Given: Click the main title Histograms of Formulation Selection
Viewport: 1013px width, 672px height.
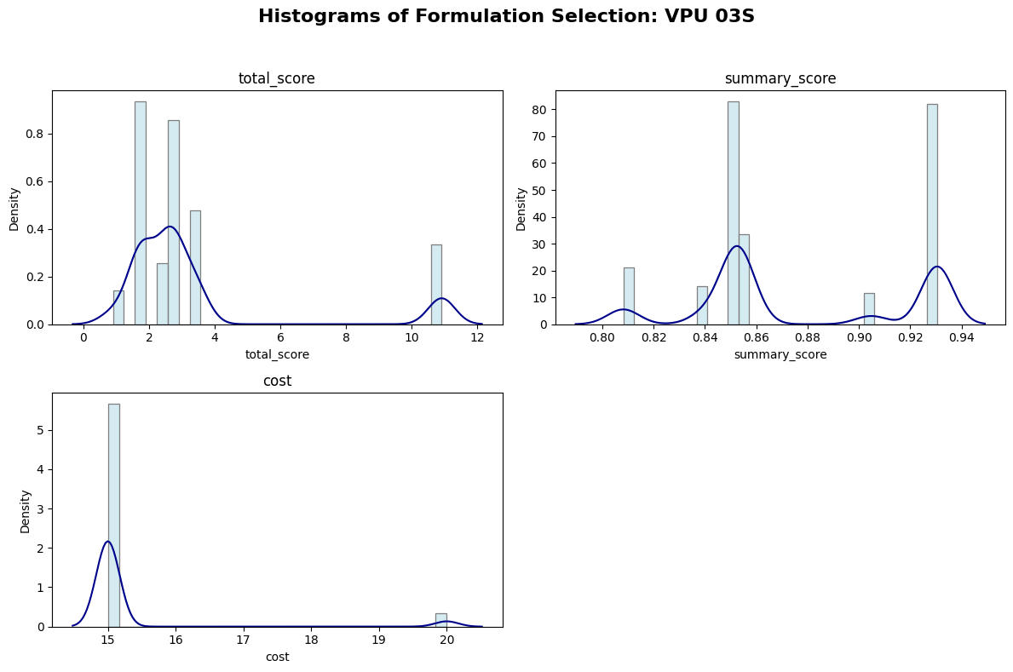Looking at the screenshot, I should tap(506, 16).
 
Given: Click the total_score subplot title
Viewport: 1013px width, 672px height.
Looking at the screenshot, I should tap(276, 78).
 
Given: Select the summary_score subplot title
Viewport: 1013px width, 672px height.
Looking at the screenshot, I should tap(780, 78).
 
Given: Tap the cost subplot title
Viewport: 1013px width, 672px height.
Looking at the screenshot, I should tap(277, 381).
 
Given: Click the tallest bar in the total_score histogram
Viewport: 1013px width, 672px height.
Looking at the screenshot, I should tap(140, 213).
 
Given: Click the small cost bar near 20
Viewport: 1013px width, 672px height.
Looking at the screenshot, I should tap(440, 619).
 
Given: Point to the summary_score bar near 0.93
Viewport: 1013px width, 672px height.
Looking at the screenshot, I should tap(932, 214).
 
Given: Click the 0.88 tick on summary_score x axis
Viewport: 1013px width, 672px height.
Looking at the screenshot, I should tap(808, 338).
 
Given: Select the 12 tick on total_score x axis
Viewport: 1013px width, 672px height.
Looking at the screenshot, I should tap(477, 338).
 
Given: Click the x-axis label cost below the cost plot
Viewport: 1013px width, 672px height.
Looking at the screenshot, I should tap(276, 657).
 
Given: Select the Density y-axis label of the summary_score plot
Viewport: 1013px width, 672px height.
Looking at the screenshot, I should tap(521, 208).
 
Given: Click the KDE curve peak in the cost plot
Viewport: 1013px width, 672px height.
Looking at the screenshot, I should tap(107, 542).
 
